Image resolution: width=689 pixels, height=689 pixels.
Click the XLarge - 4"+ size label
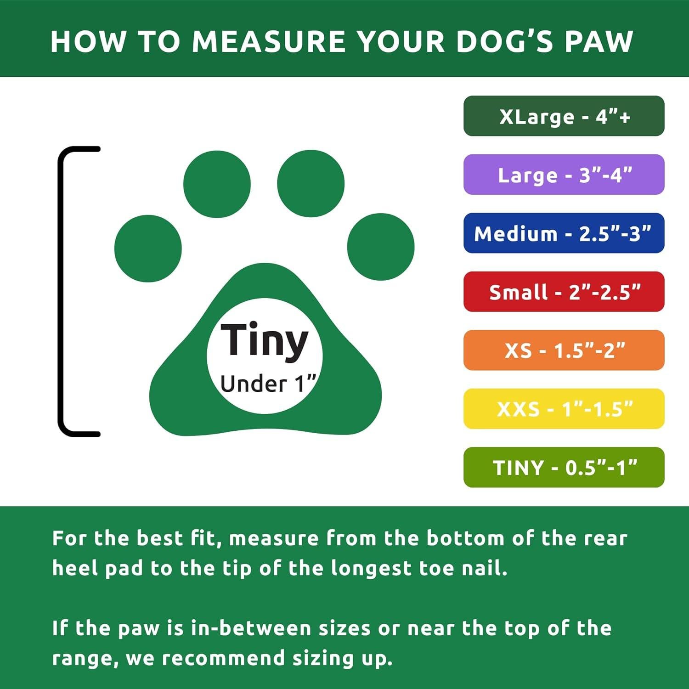(x=564, y=116)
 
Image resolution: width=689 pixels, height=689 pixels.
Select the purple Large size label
(x=564, y=175)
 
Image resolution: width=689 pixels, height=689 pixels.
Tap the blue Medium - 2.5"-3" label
(x=564, y=233)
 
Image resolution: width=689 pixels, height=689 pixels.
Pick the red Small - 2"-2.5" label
(x=564, y=292)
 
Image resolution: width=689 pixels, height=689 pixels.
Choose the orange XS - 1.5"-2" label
(x=564, y=350)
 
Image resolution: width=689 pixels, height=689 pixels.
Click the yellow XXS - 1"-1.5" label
(x=564, y=409)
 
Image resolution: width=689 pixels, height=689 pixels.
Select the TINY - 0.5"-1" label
(x=564, y=467)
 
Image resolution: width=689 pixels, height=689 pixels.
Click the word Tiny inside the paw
(x=264, y=341)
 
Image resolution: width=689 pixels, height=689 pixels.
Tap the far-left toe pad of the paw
(x=148, y=248)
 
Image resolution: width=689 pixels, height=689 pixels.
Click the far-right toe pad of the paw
(x=381, y=247)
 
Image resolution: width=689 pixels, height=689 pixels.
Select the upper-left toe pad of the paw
(x=217, y=184)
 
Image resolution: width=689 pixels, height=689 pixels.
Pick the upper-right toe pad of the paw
(x=311, y=183)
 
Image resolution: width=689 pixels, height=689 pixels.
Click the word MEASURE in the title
(x=268, y=41)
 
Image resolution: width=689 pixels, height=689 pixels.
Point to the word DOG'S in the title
(x=505, y=41)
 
